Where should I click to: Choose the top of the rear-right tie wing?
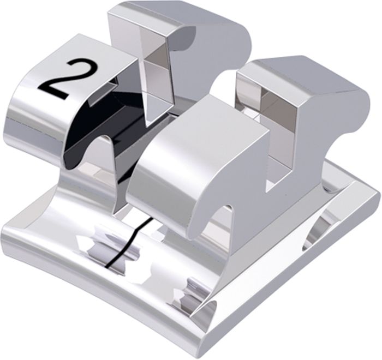tap(305, 73)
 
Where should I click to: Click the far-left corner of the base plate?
tap(2, 228)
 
